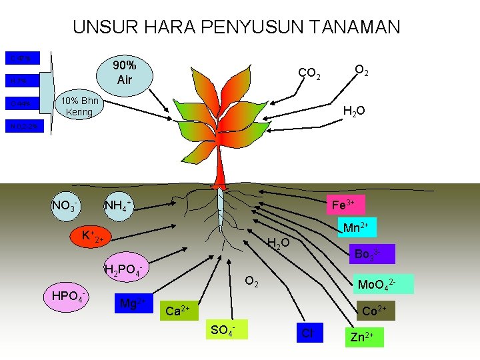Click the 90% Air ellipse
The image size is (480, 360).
click(124, 73)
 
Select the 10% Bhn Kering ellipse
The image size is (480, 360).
click(79, 107)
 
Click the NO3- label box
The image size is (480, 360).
click(67, 206)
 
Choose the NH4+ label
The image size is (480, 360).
click(117, 206)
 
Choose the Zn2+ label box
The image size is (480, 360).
click(365, 337)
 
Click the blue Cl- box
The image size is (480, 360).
click(308, 333)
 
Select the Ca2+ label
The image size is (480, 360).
click(177, 310)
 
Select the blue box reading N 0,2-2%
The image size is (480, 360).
click(24, 125)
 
